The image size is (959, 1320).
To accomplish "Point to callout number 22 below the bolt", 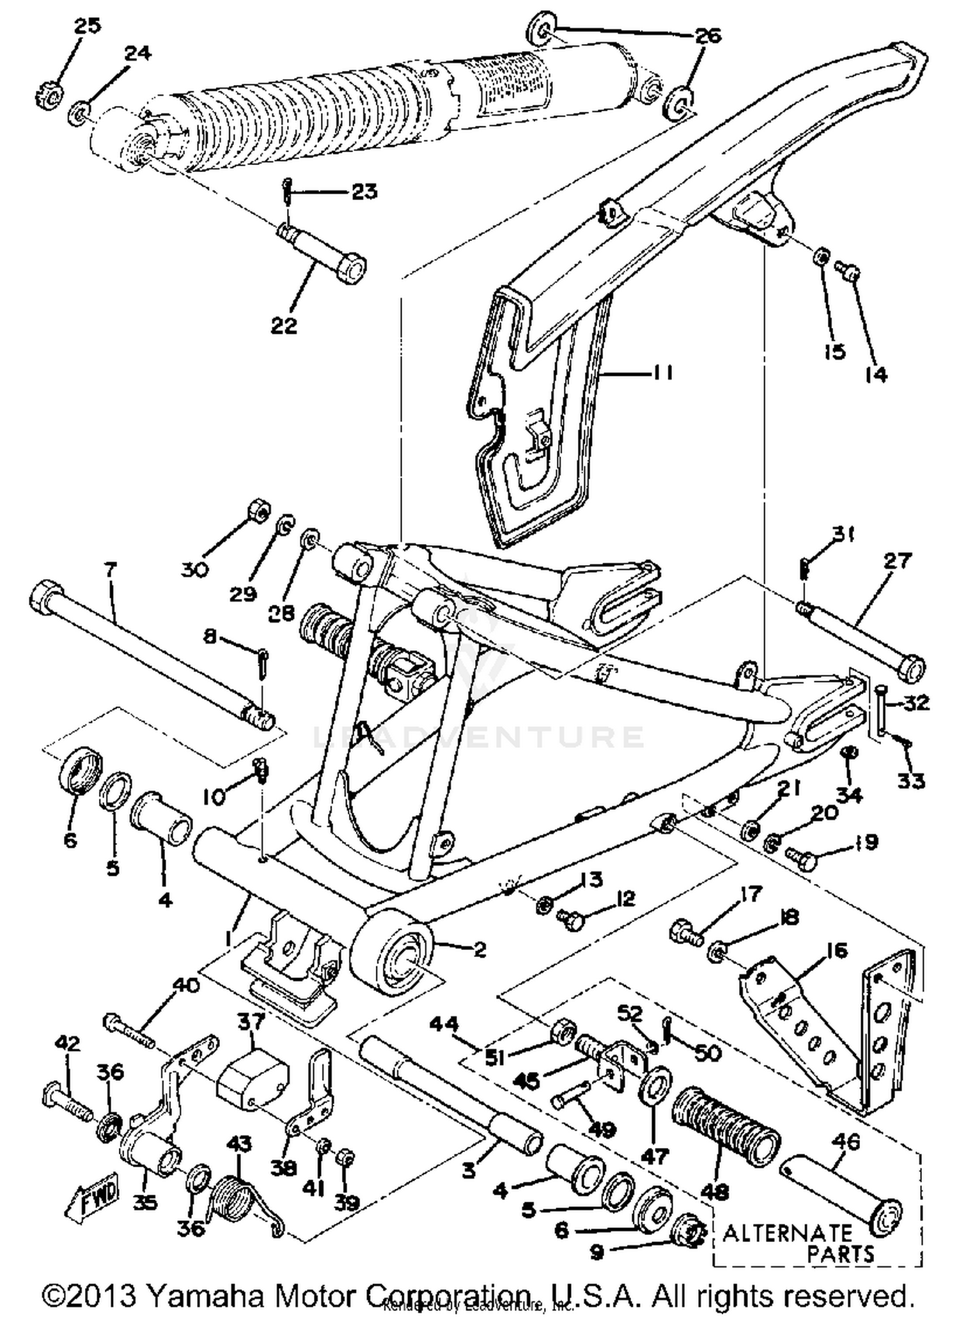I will click(284, 325).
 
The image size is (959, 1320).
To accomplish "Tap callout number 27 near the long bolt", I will click(897, 561).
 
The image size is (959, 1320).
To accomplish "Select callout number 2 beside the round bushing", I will click(479, 949).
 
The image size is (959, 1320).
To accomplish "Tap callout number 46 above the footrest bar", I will click(846, 1141).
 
